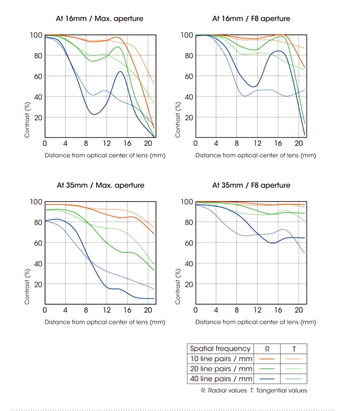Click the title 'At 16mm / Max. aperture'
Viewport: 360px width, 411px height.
(x=99, y=19)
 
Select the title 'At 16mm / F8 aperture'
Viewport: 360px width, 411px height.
(x=251, y=19)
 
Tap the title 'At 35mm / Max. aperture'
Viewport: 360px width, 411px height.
(x=101, y=185)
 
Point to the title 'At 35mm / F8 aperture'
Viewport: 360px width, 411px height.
(x=251, y=185)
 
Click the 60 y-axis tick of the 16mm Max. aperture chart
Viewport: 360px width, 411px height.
(x=38, y=76)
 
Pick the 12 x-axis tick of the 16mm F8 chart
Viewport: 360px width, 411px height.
(x=258, y=143)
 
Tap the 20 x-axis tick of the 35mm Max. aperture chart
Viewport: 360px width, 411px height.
(x=148, y=310)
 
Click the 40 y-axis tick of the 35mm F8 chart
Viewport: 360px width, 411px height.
(x=189, y=263)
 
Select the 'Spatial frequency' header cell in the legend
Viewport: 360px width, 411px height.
(x=220, y=349)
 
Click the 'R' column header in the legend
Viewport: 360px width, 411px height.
(x=267, y=349)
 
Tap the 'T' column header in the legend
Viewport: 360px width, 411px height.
(x=294, y=349)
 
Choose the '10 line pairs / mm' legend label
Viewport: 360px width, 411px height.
(x=221, y=359)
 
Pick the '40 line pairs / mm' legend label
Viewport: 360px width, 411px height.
(x=221, y=379)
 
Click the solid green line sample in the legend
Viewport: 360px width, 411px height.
(x=267, y=369)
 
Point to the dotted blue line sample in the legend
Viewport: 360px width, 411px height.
(x=294, y=379)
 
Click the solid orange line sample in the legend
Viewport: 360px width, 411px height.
(x=267, y=359)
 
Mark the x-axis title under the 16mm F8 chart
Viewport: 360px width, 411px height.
(x=256, y=155)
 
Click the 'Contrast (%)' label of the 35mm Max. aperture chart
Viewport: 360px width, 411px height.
(x=27, y=287)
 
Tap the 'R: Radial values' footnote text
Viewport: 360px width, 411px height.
(x=224, y=390)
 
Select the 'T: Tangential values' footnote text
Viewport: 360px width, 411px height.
(x=278, y=390)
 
